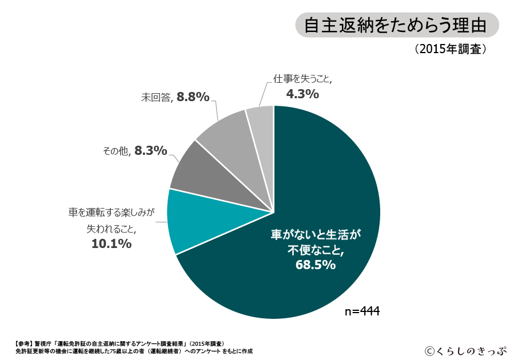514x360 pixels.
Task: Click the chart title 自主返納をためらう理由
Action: (x=396, y=26)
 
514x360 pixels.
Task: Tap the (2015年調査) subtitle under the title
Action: (x=451, y=49)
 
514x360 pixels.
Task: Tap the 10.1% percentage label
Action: (x=111, y=244)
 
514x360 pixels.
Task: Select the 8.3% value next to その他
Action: (x=151, y=151)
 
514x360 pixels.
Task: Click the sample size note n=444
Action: (x=363, y=311)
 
